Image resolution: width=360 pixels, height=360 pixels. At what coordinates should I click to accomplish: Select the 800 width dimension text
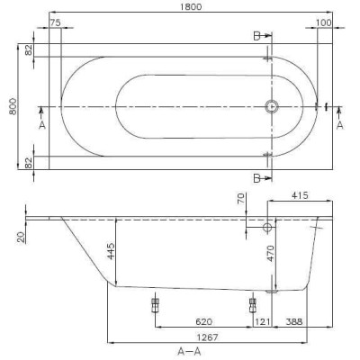(10, 106)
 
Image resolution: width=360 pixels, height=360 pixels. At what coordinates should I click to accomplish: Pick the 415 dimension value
(302, 194)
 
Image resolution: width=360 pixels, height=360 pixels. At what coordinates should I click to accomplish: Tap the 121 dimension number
(264, 319)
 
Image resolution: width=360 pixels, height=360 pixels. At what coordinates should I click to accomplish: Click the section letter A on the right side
(339, 125)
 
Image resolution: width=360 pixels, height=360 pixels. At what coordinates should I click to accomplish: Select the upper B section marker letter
(258, 37)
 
